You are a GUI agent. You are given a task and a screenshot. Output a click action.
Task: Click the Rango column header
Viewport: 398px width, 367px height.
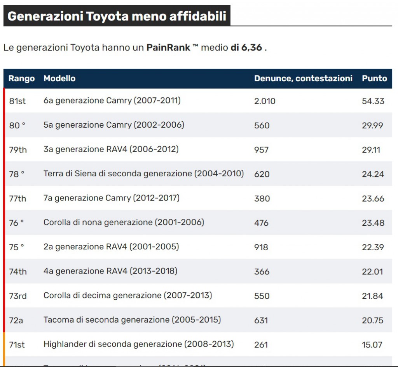21,79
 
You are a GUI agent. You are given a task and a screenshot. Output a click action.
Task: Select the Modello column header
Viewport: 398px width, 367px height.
59,79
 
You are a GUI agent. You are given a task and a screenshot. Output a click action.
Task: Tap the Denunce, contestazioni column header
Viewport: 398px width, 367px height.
303,79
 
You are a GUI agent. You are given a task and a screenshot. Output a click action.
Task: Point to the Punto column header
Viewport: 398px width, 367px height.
374,79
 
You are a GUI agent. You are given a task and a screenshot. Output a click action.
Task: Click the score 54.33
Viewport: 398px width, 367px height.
373,101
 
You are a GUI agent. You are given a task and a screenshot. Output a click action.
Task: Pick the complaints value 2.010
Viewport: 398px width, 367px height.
265,101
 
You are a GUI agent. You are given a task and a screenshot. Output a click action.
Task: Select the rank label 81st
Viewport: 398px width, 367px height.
17,101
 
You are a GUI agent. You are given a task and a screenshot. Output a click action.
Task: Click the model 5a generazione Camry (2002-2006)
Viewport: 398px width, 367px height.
113,125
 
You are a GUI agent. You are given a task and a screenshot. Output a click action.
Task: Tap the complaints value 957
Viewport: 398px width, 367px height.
261,150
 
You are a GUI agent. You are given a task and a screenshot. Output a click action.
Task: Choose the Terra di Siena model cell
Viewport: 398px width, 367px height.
143,174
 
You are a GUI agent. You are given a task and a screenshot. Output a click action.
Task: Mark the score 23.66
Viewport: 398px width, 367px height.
373,198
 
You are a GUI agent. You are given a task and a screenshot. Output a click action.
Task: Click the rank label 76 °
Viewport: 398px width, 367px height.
17,223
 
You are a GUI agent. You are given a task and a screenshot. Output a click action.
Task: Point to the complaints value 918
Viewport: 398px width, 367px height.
261,247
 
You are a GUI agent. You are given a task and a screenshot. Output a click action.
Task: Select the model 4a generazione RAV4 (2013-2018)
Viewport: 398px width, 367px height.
110,271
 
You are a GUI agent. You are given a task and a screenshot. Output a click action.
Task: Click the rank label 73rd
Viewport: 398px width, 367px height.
18,296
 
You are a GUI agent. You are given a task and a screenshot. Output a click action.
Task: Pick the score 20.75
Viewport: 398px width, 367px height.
373,320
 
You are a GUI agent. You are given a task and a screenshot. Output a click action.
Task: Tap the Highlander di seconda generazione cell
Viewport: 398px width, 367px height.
138,344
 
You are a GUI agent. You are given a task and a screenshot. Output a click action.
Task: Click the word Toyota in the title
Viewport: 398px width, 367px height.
107,16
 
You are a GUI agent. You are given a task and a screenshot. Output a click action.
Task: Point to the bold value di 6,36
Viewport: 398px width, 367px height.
246,48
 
